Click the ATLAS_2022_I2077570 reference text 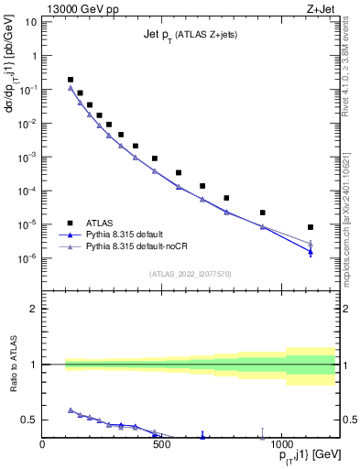point(190,274)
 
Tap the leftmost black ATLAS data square point(71,80)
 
